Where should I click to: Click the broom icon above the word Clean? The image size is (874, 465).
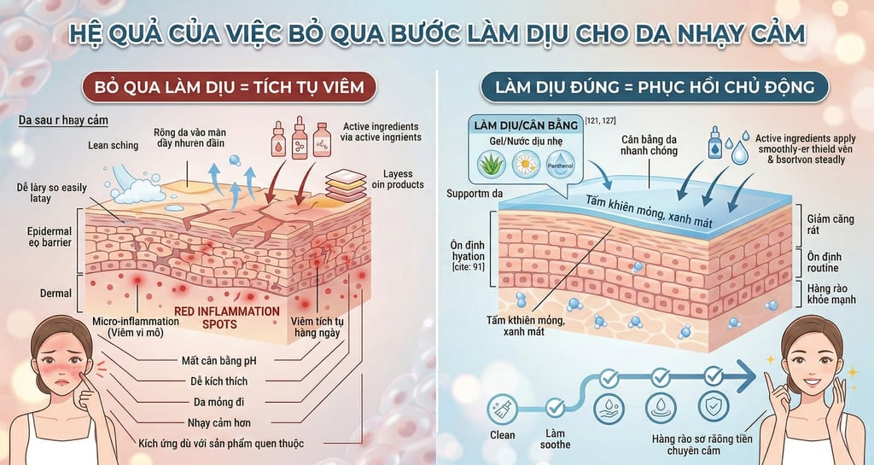pyautogui.click(x=503, y=408)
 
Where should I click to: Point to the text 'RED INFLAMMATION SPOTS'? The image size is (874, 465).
pyautogui.click(x=226, y=317)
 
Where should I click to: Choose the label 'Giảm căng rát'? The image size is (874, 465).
pyautogui.click(x=829, y=225)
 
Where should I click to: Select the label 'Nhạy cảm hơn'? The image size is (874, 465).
pyautogui.click(x=218, y=421)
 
